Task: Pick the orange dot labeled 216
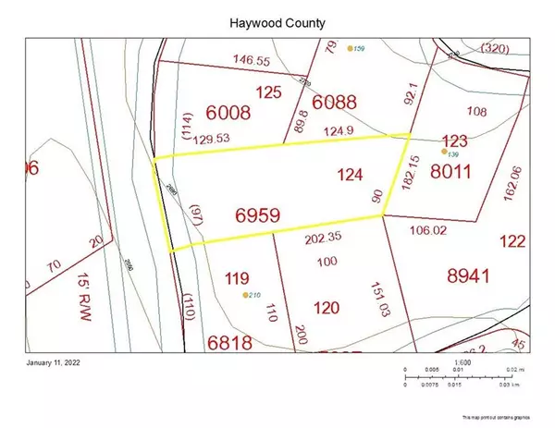coord(244,295)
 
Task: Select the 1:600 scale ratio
coord(462,361)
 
